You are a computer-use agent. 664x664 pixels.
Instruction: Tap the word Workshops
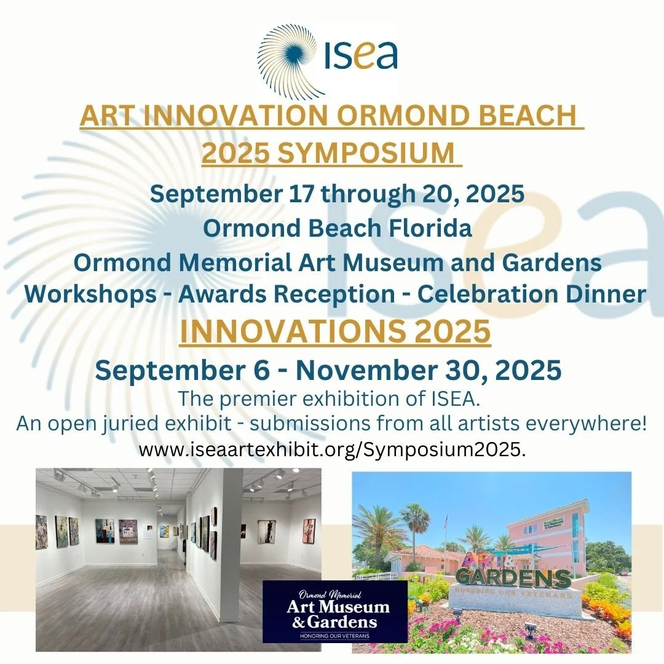pos(90,293)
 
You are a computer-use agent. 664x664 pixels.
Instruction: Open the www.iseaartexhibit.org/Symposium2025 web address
pos(332,449)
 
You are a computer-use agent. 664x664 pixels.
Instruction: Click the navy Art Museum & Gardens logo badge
pos(334,612)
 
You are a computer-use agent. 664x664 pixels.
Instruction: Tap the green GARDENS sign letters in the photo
pos(513,579)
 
